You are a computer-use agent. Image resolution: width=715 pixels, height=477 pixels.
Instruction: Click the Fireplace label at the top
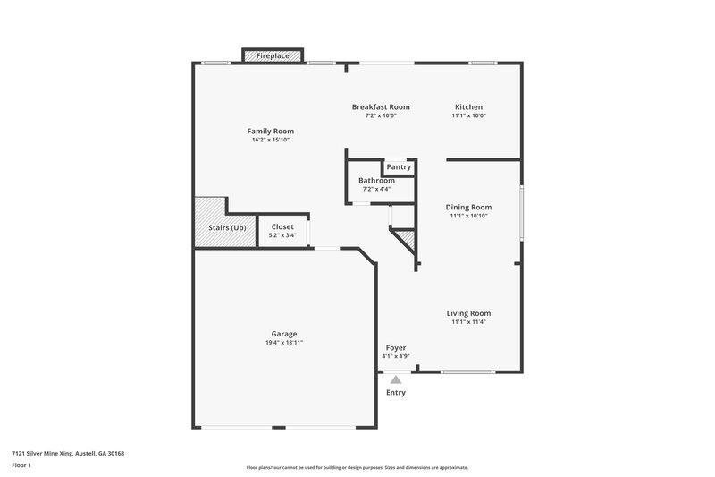click(273, 56)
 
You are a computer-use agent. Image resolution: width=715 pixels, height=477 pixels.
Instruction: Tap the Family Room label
click(271, 132)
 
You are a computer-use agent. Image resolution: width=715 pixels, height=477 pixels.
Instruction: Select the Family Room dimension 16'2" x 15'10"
click(272, 141)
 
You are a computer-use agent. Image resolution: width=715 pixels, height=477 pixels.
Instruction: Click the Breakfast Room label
click(380, 106)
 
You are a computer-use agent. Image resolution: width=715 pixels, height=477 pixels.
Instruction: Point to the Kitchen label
click(468, 106)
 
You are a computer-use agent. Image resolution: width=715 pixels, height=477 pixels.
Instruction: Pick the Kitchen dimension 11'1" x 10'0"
click(468, 115)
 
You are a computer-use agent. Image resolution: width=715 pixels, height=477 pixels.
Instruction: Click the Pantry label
click(399, 166)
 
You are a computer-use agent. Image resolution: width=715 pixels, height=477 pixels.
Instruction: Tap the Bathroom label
click(376, 180)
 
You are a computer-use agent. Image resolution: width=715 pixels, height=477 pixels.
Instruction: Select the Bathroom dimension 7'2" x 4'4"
click(376, 189)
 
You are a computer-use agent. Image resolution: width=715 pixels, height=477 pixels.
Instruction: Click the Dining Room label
click(469, 207)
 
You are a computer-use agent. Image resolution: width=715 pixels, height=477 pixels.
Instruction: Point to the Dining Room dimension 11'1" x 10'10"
click(469, 216)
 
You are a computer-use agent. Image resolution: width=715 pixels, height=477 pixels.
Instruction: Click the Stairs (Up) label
click(227, 227)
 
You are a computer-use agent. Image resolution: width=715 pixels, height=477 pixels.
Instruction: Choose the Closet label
click(282, 226)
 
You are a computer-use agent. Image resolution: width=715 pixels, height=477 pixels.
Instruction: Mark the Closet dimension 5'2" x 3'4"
click(282, 235)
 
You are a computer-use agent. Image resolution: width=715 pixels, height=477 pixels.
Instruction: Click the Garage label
click(284, 334)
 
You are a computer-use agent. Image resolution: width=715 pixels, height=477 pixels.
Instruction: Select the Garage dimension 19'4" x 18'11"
click(284, 343)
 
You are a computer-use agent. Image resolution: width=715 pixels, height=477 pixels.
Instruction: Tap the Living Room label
click(469, 313)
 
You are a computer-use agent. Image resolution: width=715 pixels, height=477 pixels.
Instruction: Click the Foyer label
click(396, 347)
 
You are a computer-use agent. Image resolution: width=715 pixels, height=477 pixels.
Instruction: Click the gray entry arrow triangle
click(395, 379)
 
